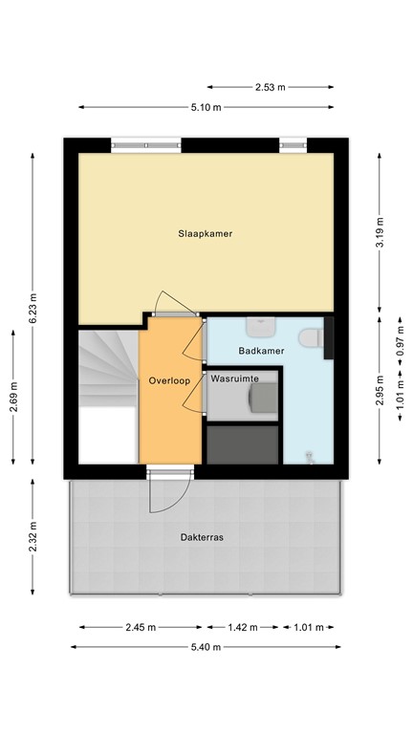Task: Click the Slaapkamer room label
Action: tap(206, 233)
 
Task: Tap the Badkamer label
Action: tap(261, 351)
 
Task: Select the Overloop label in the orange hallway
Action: tap(169, 380)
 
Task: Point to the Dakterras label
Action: tap(202, 538)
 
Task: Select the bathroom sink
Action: tap(259, 327)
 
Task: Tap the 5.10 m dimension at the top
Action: tap(206, 107)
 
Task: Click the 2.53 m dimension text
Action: tap(269, 87)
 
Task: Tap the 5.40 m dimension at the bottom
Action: tap(205, 647)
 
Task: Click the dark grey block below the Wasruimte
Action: tap(243, 443)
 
